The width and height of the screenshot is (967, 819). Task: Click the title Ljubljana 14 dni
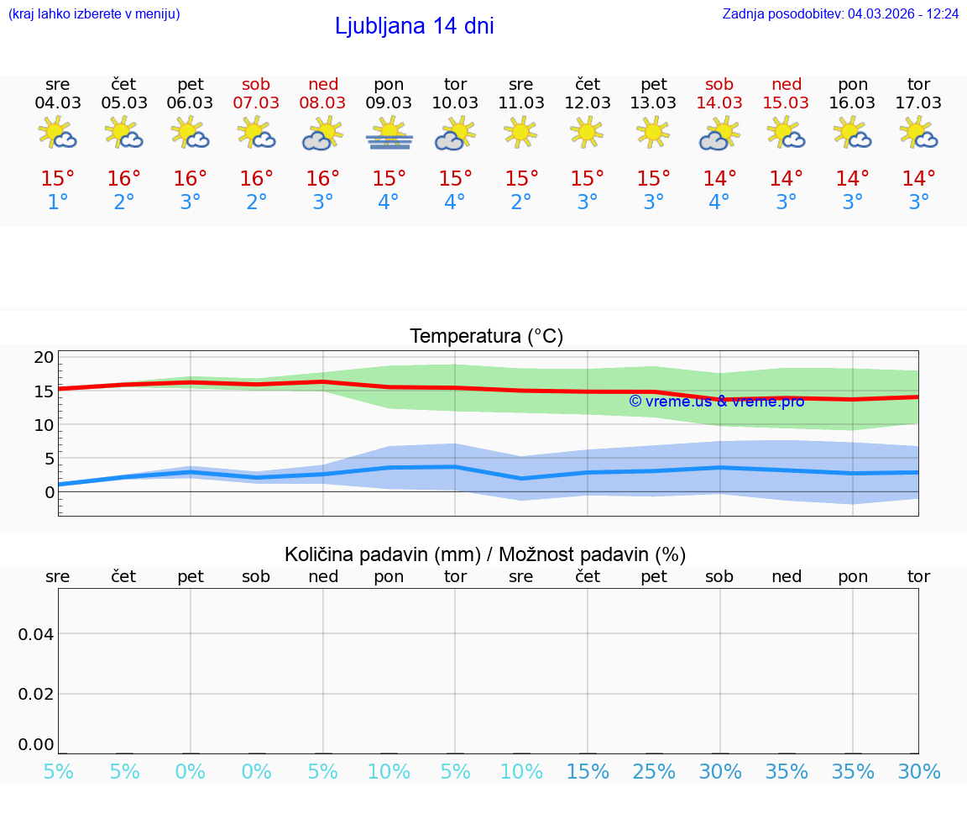414,26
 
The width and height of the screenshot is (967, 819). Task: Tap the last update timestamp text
840,14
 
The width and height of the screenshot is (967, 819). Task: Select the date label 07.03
257,103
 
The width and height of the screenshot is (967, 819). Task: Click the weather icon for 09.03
389,134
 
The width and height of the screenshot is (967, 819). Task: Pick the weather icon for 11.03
521,133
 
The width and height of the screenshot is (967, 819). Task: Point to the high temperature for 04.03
58,179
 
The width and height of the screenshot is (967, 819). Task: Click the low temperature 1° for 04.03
58,202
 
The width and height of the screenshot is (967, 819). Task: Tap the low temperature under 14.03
719,202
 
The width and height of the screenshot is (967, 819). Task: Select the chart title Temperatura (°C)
486,337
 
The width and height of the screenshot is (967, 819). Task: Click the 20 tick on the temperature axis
44,358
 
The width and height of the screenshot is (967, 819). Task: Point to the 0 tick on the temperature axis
49,492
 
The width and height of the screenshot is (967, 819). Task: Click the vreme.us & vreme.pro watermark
717,402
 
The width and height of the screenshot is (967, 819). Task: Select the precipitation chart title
485,554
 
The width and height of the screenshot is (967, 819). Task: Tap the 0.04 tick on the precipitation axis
37,634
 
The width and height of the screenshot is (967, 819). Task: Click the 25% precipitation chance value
654,772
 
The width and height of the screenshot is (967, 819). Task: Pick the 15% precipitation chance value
588,772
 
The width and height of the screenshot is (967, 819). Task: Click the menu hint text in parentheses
94,14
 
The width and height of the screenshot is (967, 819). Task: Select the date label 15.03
786,103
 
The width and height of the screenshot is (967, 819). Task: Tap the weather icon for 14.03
719,134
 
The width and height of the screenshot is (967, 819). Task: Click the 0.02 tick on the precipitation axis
37,694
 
